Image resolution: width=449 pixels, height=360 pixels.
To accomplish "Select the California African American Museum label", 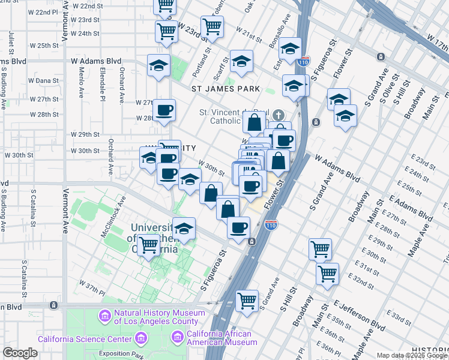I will tap(221, 338).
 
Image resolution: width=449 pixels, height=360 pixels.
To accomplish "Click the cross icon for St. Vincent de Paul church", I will tap(278, 115).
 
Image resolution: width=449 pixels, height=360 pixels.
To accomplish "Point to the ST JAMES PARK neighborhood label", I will tap(225, 89).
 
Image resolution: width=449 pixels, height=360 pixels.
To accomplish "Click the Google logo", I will tap(20, 353).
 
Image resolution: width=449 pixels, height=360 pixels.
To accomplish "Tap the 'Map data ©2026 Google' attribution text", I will tap(412, 355).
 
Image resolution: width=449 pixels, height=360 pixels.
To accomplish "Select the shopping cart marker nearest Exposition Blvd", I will tap(247, 300).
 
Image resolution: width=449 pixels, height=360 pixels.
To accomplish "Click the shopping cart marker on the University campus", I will tap(148, 244).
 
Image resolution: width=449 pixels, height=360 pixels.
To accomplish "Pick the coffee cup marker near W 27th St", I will tap(164, 110).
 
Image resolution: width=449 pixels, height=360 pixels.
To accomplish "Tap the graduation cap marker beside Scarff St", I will tap(241, 61).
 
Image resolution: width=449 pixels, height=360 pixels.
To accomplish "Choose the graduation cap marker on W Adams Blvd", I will tap(159, 65).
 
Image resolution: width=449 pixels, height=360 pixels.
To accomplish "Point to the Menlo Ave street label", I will tap(81, 78).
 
